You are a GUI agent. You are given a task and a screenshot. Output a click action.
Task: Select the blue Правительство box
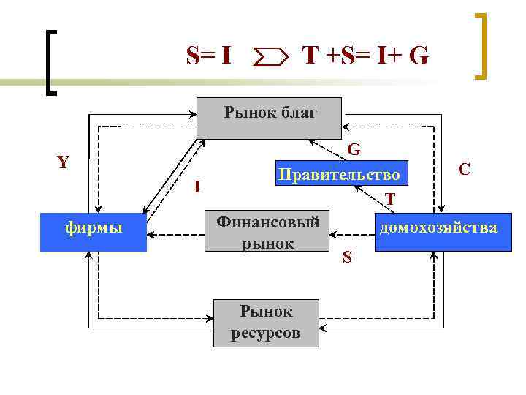click(339, 175)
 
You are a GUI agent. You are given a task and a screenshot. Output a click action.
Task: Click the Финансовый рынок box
click(267, 233)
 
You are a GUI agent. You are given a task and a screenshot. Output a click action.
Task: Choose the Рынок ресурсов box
click(267, 323)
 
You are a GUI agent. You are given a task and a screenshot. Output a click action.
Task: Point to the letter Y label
click(64, 162)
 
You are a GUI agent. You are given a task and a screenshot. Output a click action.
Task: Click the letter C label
click(463, 169)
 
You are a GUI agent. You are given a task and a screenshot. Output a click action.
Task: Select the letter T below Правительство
click(391, 199)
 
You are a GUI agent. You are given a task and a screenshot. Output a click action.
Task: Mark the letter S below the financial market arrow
click(347, 257)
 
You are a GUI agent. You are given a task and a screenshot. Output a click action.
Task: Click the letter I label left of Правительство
click(197, 187)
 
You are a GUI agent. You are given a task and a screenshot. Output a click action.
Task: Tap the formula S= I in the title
click(210, 55)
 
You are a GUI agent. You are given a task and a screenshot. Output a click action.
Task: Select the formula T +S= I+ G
click(365, 55)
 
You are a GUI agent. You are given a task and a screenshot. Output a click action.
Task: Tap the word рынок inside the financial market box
click(267, 244)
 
